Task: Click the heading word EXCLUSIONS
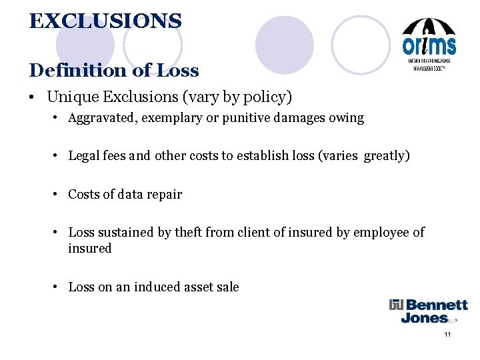click(x=105, y=21)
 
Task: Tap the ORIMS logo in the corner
click(x=429, y=46)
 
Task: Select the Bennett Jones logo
click(x=429, y=311)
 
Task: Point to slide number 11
click(x=447, y=333)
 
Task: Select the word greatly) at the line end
click(x=385, y=156)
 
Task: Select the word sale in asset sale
click(x=227, y=287)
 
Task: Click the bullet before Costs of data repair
click(x=59, y=195)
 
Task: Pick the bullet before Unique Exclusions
click(x=32, y=98)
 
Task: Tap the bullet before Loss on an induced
click(x=59, y=287)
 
